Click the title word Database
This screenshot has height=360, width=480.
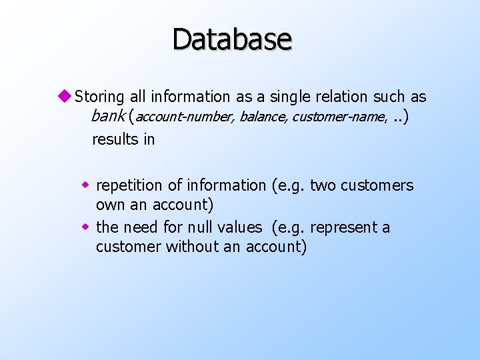tap(232, 39)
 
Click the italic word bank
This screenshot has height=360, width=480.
tap(109, 117)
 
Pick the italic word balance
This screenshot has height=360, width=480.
tap(262, 118)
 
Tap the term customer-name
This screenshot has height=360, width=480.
tap(339, 118)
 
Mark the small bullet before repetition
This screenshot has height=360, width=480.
tap(85, 185)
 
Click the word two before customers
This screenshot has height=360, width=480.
tap(323, 185)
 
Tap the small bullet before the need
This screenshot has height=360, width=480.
tap(85, 227)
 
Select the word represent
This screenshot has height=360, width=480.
tap(345, 227)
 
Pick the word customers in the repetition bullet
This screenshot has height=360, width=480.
tap(377, 185)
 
